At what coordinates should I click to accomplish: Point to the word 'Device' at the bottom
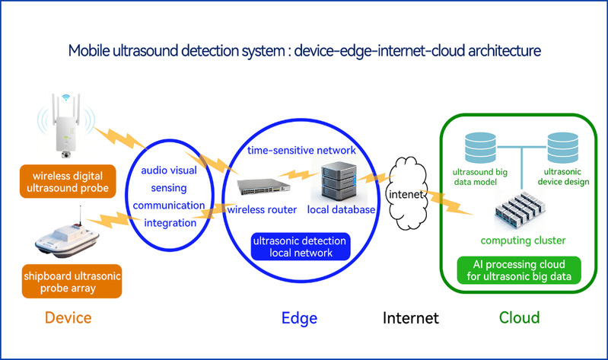coord(69,317)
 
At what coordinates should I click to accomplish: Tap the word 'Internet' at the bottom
coord(411,317)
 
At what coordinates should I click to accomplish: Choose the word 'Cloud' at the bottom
coord(519,317)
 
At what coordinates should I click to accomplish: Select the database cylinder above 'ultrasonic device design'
coord(563,144)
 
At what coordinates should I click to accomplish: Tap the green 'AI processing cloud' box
coord(519,270)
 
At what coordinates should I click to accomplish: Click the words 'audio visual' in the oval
coord(170,171)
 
